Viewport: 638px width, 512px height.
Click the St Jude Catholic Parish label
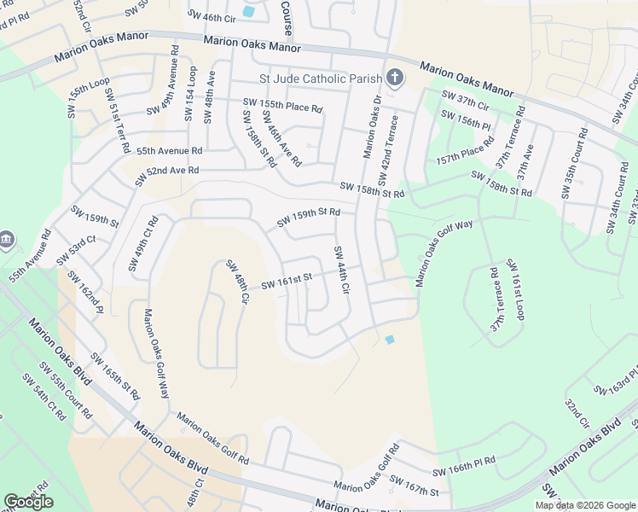click(321, 79)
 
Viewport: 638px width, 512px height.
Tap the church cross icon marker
click(394, 79)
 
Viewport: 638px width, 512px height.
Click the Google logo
click(28, 502)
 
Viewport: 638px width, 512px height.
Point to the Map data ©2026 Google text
click(585, 505)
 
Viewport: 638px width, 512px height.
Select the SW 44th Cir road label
click(342, 271)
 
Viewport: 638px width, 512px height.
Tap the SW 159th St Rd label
click(309, 218)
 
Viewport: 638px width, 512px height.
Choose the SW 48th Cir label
click(237, 284)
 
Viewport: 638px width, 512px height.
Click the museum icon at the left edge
click(7, 240)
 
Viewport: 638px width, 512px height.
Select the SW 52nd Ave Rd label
click(161, 171)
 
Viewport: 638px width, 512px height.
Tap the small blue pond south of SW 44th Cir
click(390, 340)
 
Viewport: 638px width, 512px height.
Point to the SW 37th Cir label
click(465, 100)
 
